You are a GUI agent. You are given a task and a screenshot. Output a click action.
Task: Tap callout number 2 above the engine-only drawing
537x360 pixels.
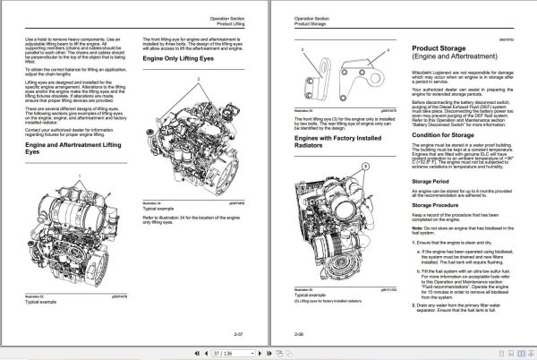coord(196,79)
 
